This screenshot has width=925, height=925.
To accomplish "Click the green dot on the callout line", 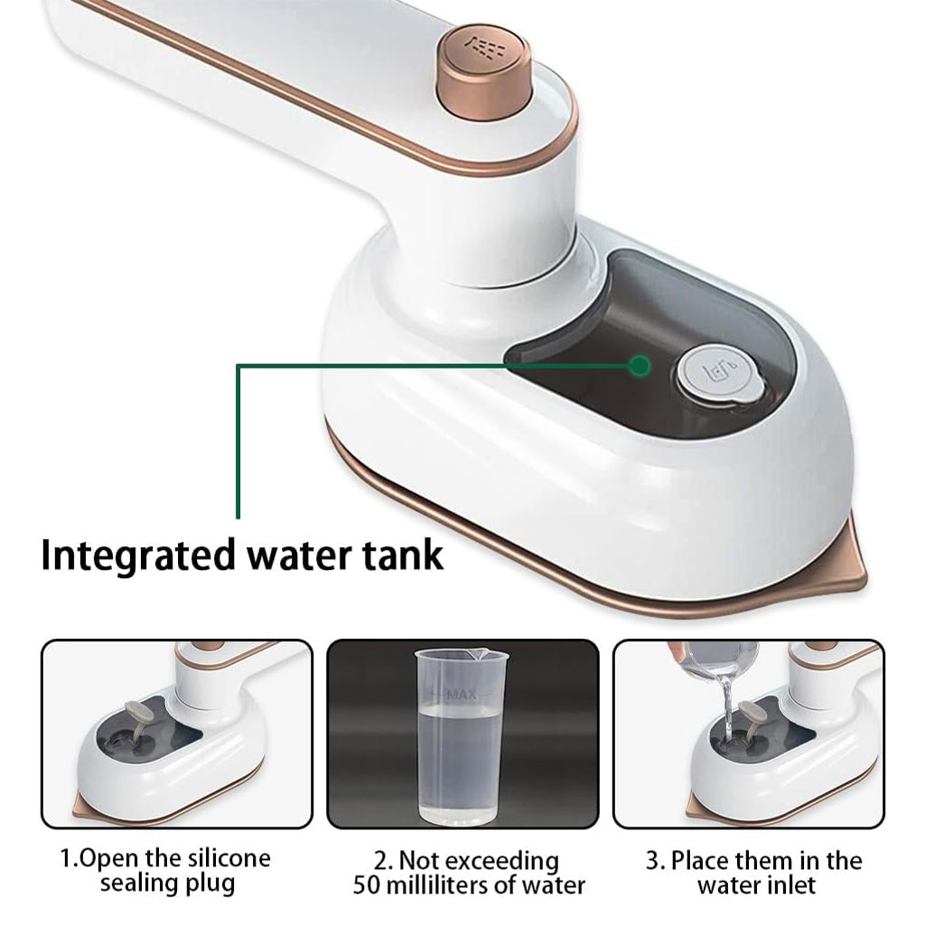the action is click(x=640, y=366).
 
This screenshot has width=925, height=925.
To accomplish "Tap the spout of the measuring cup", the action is click(x=484, y=653).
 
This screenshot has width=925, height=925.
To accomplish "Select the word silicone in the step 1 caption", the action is click(x=229, y=858).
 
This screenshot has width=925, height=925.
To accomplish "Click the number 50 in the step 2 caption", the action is click(x=367, y=885).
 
